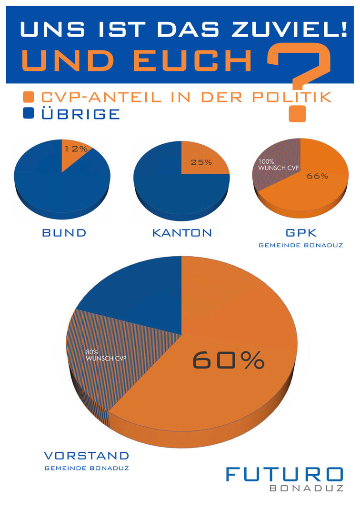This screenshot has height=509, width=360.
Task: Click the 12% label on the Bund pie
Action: point(77,149)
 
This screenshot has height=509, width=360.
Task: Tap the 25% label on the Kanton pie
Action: point(201,162)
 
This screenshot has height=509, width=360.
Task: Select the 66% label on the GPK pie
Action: point(317,176)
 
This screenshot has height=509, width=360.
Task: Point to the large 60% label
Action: point(228,360)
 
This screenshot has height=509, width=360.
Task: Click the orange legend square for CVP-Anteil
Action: point(29,97)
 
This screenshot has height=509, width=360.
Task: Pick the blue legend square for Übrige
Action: point(29,114)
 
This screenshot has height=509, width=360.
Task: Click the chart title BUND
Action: point(64,233)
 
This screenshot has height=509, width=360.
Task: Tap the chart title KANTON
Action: point(182,233)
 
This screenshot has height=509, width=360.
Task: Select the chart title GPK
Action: point(300,233)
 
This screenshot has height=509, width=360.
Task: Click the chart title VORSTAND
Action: point(86,455)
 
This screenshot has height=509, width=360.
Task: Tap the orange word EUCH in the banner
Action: point(183,60)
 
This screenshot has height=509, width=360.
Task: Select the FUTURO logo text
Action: point(284,474)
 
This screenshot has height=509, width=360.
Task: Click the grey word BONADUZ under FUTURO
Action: point(306,489)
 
